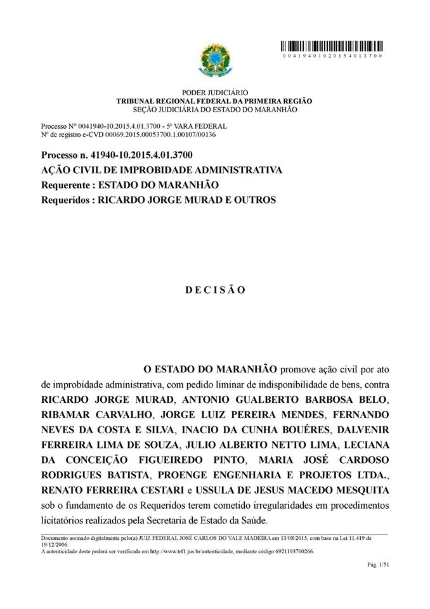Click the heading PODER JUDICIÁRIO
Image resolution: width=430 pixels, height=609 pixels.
pos(215,93)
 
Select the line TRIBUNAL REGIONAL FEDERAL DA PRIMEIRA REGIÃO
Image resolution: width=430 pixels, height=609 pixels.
pos(214,101)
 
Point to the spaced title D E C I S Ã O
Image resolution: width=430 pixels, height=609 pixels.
pos(215,290)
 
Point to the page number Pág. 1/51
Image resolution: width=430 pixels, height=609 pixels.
pos(378,565)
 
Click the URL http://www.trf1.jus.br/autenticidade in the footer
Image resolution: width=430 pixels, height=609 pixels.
pos(197,551)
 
